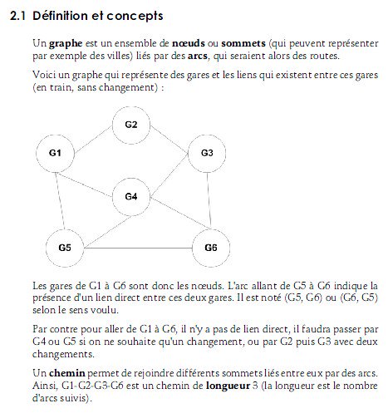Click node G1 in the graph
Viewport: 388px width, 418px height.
click(56, 153)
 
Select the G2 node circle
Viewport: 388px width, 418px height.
click(130, 125)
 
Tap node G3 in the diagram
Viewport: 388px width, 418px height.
click(207, 153)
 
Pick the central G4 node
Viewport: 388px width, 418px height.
click(130, 196)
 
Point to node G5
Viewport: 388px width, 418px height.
click(65, 247)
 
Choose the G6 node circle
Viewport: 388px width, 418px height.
click(210, 248)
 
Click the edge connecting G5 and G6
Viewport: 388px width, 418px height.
click(137, 248)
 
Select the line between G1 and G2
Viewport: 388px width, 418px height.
click(92, 139)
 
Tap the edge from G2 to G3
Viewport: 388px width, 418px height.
click(169, 139)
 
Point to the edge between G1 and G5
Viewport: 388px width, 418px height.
click(60, 199)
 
